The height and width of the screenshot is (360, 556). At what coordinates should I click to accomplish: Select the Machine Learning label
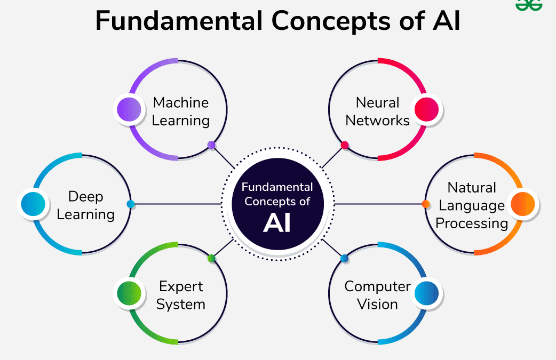click(x=180, y=111)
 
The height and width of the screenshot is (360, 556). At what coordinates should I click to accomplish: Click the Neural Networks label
click(x=377, y=111)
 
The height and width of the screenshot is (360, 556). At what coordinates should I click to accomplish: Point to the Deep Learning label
click(x=85, y=205)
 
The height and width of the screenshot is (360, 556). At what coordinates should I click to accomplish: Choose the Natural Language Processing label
click(x=472, y=205)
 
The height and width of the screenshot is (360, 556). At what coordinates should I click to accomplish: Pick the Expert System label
click(x=180, y=295)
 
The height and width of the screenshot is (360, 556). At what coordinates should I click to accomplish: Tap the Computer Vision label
click(x=377, y=295)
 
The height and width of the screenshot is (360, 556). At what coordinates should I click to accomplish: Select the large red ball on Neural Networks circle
click(x=426, y=109)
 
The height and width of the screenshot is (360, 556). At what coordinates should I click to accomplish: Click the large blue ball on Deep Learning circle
click(x=32, y=204)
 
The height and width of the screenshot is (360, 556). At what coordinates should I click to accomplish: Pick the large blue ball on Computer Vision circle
click(x=426, y=293)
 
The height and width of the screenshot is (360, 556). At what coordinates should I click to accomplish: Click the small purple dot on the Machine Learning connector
click(x=211, y=145)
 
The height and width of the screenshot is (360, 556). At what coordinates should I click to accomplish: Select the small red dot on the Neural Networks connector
click(x=345, y=145)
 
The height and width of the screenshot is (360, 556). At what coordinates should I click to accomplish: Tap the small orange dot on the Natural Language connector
click(x=426, y=204)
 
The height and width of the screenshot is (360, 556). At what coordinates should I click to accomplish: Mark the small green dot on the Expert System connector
click(x=211, y=259)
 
